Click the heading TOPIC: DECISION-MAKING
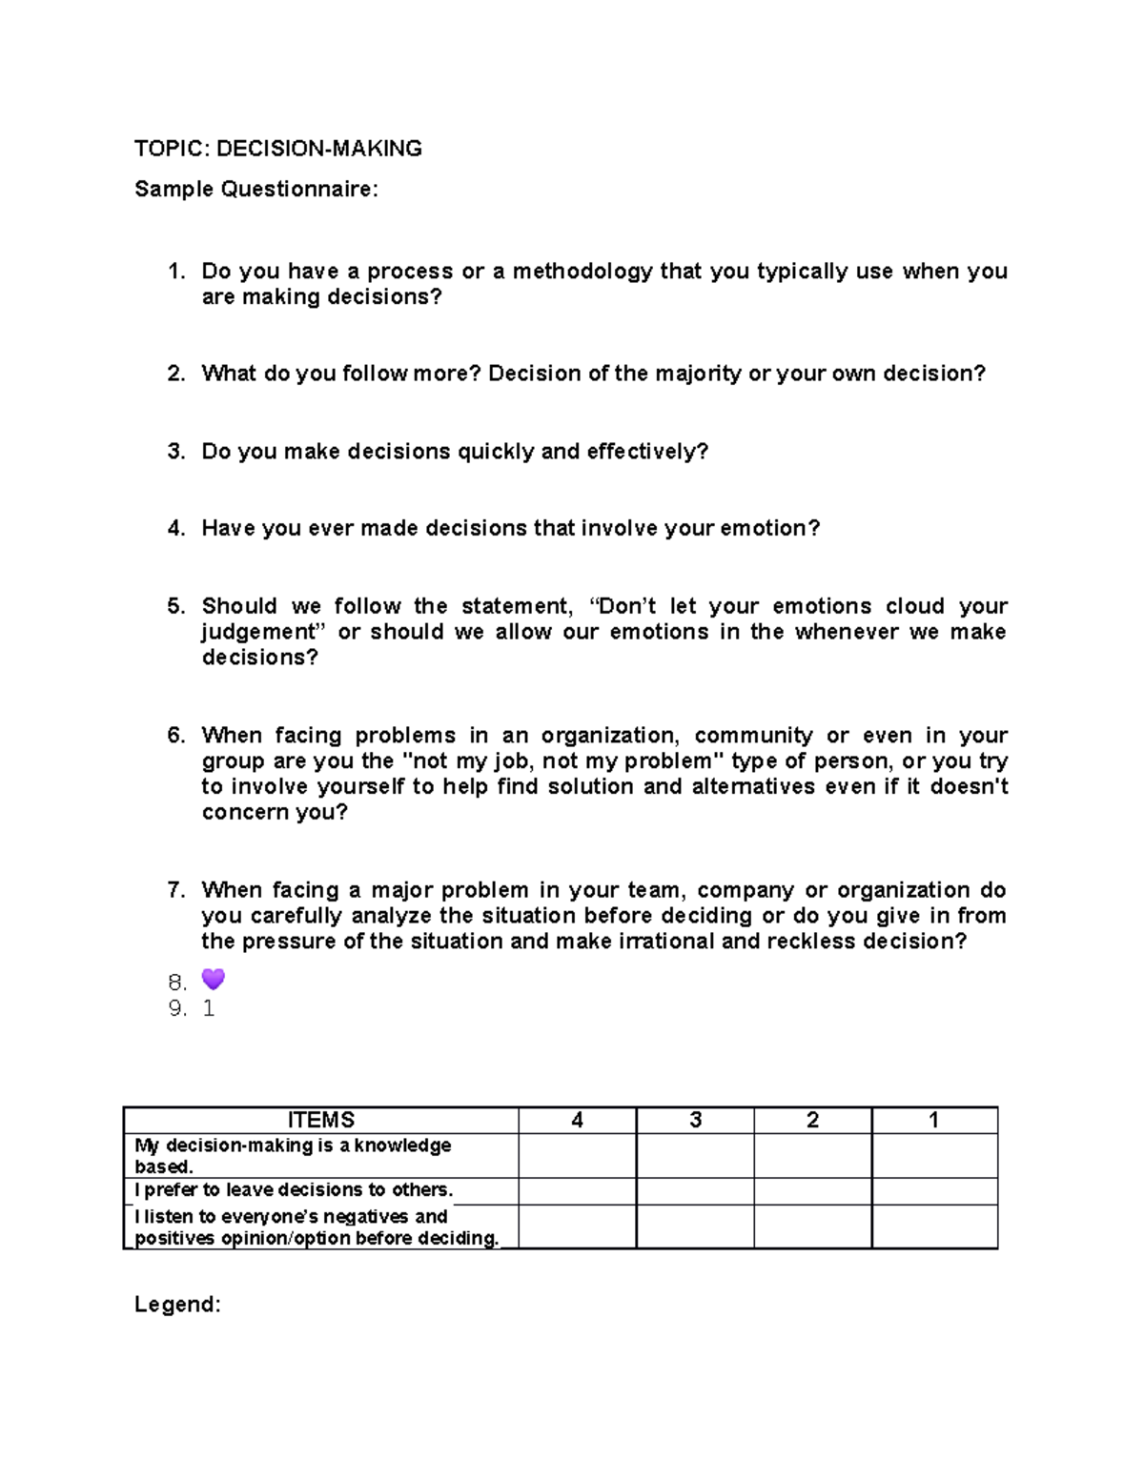277,149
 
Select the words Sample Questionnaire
255,190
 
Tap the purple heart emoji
214,980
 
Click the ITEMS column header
321,1121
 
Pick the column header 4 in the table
577,1121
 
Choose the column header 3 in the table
695,1121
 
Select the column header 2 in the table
812,1121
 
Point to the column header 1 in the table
934,1121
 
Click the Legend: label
177,1305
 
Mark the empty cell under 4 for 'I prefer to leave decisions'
577,1191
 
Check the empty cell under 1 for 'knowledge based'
934,1156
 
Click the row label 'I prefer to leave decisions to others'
294,1190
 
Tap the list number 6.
175,736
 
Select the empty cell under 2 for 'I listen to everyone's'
812,1227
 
